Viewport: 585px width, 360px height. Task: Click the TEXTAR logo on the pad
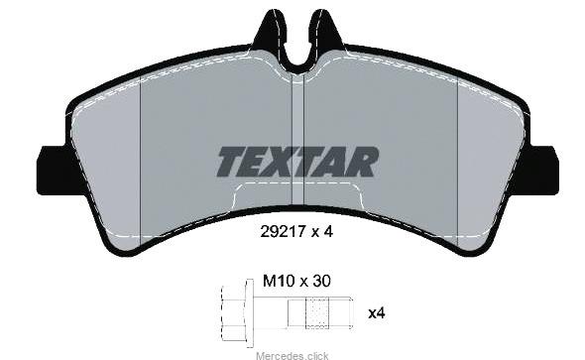(x=297, y=162)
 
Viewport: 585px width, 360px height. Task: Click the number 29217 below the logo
(x=282, y=232)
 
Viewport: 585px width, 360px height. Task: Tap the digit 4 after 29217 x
(x=328, y=232)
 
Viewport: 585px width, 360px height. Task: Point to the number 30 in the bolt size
(x=321, y=281)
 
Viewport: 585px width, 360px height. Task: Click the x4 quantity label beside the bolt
(x=377, y=312)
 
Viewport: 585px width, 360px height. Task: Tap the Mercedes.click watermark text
(x=292, y=355)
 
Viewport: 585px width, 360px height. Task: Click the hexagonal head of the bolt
(x=233, y=313)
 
